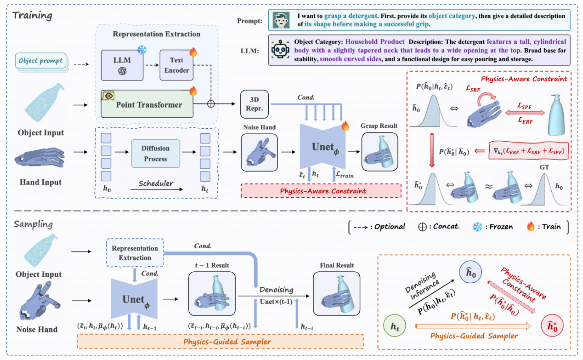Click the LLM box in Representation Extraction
tap(121, 65)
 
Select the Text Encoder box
tap(176, 65)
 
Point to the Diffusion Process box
tap(155, 154)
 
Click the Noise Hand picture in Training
tap(259, 150)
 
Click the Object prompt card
tap(41, 61)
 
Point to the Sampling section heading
tap(33, 225)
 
